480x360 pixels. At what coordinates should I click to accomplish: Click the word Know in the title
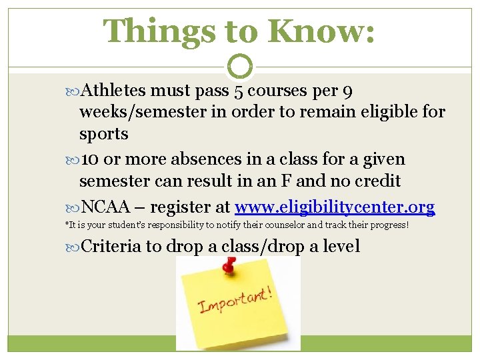[x=320, y=31]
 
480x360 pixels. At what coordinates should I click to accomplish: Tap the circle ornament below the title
[x=241, y=67]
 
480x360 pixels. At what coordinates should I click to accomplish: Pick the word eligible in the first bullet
[x=389, y=111]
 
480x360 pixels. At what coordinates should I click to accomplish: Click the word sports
[x=103, y=133]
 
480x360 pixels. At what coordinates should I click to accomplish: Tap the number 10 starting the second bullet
[x=91, y=159]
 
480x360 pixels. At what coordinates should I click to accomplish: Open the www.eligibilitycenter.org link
[x=335, y=207]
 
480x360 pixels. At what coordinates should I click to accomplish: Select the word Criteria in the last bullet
[x=111, y=247]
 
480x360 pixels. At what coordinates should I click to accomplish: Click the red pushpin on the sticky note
[x=229, y=265]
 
